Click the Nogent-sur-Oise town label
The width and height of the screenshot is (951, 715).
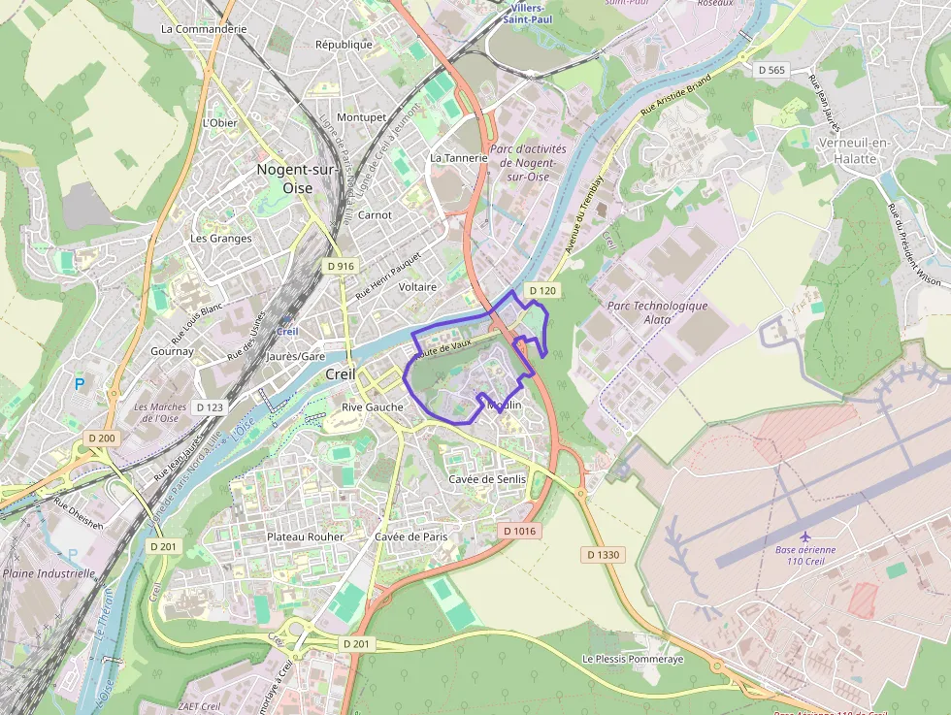(295, 179)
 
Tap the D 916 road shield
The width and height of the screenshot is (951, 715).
(342, 266)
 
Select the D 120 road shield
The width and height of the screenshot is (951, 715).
(543, 290)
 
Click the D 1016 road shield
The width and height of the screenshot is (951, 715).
(520, 531)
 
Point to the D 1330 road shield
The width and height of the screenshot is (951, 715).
(602, 554)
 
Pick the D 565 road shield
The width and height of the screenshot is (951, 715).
(771, 70)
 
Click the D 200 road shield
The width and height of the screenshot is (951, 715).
(101, 439)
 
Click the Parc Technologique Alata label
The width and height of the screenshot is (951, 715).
(657, 311)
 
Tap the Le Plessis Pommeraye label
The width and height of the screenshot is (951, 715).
(633, 659)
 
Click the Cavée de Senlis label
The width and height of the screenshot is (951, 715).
(487, 479)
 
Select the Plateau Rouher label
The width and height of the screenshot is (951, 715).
(305, 536)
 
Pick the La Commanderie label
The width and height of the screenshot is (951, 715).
(204, 29)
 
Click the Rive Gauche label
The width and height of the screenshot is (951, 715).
(372, 407)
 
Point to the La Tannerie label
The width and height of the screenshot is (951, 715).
(458, 157)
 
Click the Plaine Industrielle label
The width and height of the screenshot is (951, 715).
(49, 573)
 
